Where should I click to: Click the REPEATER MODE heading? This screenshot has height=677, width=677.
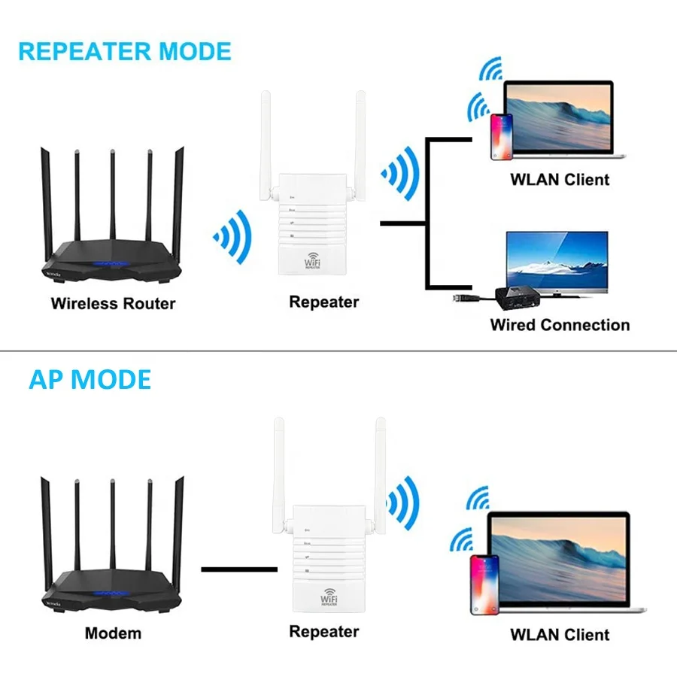(124, 51)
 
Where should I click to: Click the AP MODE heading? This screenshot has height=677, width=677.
(90, 379)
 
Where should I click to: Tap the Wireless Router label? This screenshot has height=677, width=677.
(113, 304)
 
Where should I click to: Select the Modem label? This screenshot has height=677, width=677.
(113, 633)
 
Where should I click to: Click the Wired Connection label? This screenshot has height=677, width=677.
(560, 325)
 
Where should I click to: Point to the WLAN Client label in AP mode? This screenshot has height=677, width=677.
(560, 634)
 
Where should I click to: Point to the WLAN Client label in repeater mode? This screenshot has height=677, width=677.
(560, 179)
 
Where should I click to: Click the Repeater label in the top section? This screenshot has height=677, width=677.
(324, 302)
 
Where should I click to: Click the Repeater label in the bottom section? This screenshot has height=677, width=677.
(324, 631)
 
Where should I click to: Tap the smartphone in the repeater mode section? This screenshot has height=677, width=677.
(502, 137)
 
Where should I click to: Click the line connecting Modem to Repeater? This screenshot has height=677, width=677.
(239, 569)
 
